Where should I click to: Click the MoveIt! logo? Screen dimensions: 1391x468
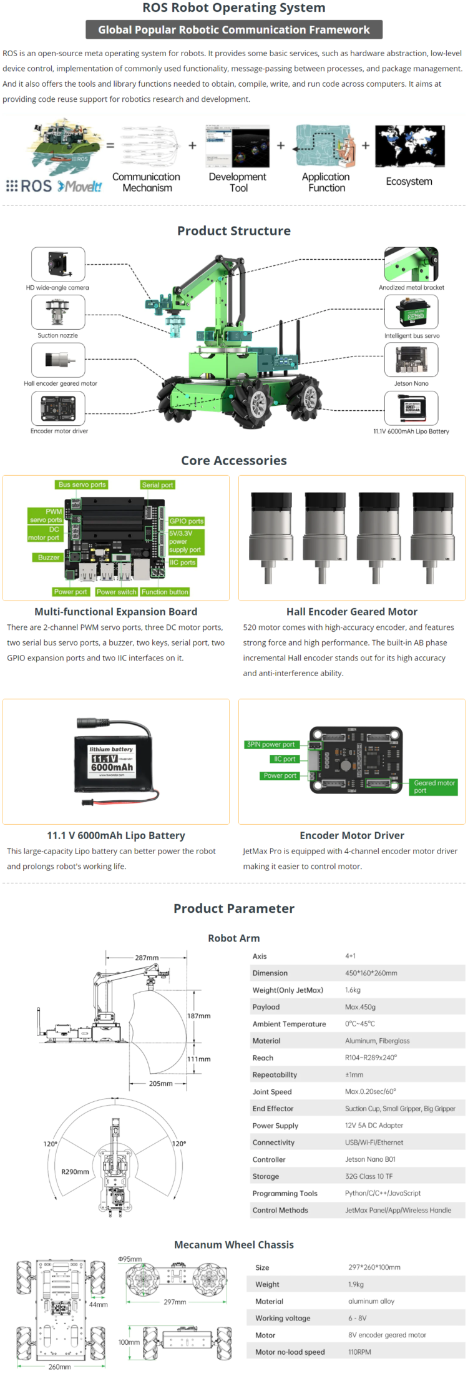pos(80,186)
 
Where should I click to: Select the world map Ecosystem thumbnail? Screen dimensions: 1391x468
pos(409,146)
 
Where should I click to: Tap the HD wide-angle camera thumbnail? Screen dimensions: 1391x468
pos(58,264)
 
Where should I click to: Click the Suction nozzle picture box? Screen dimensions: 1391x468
pos(58,312)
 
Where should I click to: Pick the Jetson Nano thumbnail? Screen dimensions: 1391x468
pos(411,360)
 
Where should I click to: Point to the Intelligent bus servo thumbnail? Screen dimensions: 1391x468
pos(411,312)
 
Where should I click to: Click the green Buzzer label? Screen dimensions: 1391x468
pos(48,558)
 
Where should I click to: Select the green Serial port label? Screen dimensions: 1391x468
pos(157,485)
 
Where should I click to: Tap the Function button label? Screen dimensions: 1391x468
pos(165,592)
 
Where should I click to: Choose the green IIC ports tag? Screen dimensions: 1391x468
pos(183,563)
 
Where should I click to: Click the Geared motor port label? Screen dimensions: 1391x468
pos(434,787)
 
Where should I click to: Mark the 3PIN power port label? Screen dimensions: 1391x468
pos(271,744)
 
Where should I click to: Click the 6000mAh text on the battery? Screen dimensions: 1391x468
pos(112,767)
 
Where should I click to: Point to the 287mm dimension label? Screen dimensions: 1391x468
pos(147,958)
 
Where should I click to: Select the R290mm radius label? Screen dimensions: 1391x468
pos(75,1172)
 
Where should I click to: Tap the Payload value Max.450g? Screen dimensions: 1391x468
pos(360,1007)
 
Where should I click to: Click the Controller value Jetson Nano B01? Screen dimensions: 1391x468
pos(370,1159)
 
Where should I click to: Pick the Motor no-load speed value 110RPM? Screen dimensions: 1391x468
pos(359,1352)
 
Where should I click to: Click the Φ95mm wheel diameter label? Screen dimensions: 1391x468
pos(130,1259)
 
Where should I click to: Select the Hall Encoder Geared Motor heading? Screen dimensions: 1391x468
pos(352,612)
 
